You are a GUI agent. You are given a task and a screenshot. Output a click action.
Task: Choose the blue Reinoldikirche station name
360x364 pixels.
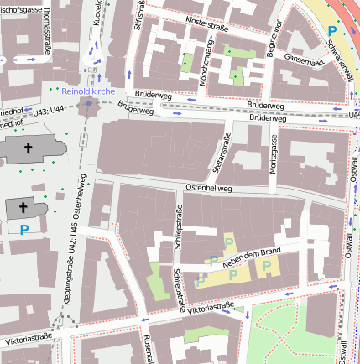88,91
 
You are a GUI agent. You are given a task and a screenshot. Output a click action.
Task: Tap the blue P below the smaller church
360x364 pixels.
23,227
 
